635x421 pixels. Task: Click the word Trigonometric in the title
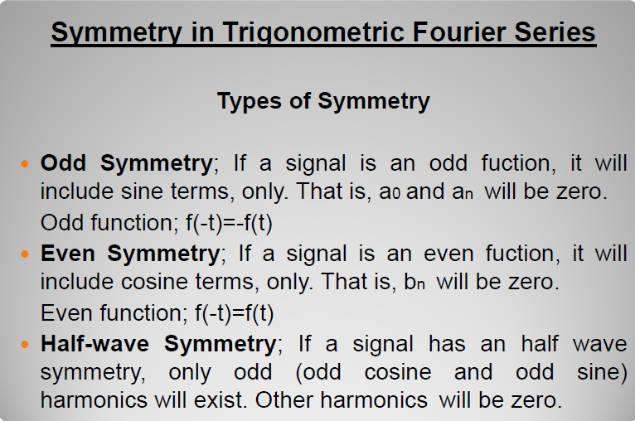click(x=313, y=33)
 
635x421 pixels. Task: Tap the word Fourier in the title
click(x=459, y=32)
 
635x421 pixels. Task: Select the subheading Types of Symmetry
click(x=323, y=101)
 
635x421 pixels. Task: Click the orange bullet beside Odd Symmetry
click(x=25, y=164)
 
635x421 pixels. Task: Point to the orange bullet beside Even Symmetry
click(x=25, y=254)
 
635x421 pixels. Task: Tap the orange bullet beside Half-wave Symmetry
click(x=25, y=345)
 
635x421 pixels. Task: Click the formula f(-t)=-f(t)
click(x=229, y=223)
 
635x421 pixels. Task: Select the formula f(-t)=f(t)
click(x=234, y=313)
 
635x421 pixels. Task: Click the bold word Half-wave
click(x=95, y=344)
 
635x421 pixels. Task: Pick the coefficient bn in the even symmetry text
click(x=414, y=281)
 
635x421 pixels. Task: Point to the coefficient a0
click(x=390, y=192)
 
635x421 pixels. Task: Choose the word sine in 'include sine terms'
click(x=143, y=191)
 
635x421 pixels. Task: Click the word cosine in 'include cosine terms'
click(x=155, y=281)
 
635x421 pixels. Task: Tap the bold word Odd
click(x=63, y=163)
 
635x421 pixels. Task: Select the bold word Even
click(x=68, y=254)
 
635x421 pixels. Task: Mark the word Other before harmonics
click(x=284, y=400)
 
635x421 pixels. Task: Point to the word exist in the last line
click(x=221, y=400)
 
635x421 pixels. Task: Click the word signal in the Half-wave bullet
click(x=383, y=345)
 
